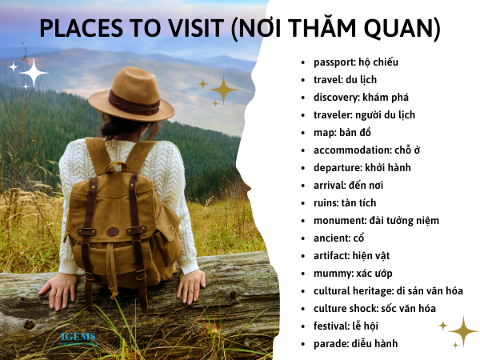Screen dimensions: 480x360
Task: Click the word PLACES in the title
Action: (81, 28)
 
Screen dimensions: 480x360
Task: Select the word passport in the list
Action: (332, 62)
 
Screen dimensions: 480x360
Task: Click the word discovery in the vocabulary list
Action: (335, 98)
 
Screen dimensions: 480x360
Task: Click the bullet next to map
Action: (303, 134)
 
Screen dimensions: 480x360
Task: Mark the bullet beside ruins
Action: (303, 204)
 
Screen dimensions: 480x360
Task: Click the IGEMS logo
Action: (78, 338)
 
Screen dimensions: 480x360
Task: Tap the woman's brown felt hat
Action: (131, 95)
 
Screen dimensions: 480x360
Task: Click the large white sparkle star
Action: (34, 73)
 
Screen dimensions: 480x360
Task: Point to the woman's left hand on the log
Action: (58, 291)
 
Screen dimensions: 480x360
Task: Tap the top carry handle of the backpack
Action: (117, 166)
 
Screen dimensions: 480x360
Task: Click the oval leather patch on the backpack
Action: (113, 232)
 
